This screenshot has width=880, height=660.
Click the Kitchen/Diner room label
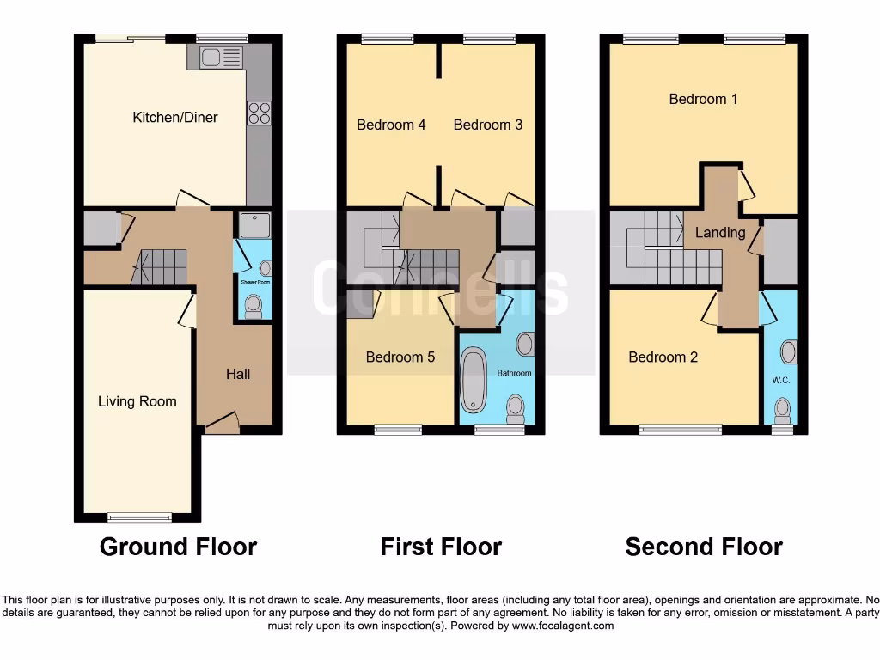click(x=174, y=117)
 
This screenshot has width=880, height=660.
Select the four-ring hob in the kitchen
click(x=260, y=113)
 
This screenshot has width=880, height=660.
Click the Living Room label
click(x=137, y=401)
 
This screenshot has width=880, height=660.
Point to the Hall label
click(x=238, y=374)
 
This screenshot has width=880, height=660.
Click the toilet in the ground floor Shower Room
click(x=254, y=306)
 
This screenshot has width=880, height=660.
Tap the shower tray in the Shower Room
click(x=254, y=225)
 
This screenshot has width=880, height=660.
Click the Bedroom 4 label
click(x=391, y=125)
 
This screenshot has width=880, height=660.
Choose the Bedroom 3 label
click(x=487, y=125)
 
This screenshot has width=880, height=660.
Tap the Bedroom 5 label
click(x=400, y=357)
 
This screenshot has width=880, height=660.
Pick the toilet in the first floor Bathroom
click(x=516, y=407)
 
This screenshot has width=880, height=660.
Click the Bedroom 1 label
click(x=703, y=99)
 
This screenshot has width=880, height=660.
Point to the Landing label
click(x=720, y=233)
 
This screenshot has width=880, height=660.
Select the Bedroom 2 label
click(x=663, y=357)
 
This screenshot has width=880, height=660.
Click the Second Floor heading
click(x=703, y=547)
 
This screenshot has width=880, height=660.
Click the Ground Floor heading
click(x=178, y=547)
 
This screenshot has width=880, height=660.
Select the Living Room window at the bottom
click(x=139, y=517)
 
